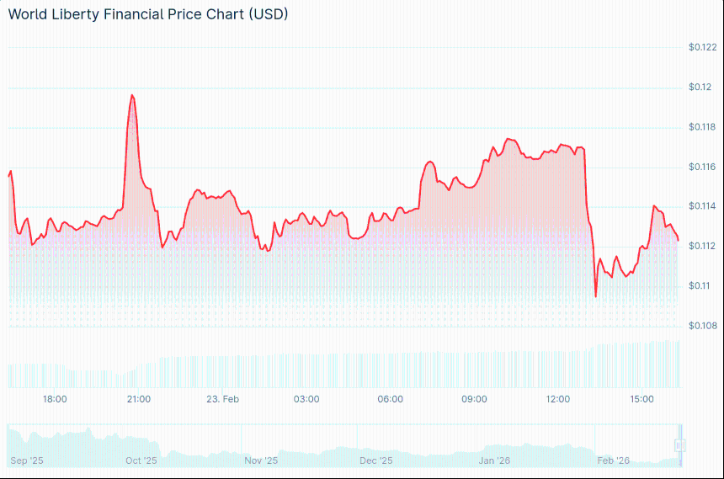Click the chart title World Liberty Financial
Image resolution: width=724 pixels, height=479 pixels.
(x=147, y=14)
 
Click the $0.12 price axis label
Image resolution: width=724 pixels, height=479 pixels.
(x=700, y=87)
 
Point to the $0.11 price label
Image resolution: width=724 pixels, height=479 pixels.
(x=700, y=285)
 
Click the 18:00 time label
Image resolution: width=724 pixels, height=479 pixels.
(x=55, y=399)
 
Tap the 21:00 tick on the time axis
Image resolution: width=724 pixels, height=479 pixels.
(x=139, y=399)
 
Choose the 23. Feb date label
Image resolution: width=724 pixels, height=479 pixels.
(x=223, y=399)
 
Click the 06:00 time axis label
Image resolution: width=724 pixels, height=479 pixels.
(x=391, y=399)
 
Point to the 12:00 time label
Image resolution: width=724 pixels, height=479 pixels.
(x=558, y=399)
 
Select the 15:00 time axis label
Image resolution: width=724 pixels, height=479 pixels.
(x=642, y=399)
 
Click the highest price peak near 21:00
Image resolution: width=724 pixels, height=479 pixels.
(x=132, y=95)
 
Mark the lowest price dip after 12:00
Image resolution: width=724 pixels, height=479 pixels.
(x=596, y=296)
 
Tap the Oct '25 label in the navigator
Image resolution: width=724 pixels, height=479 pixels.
(x=141, y=460)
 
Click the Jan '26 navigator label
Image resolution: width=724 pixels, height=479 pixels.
(x=494, y=460)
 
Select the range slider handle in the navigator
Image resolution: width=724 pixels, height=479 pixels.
(x=680, y=445)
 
